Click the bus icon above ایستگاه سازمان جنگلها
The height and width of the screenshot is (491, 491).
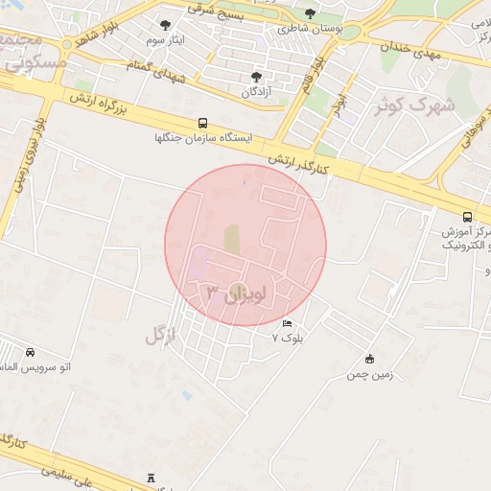coord(202,123)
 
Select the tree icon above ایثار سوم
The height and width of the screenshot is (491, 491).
coord(166,26)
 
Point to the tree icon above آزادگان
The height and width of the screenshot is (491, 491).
coord(255,77)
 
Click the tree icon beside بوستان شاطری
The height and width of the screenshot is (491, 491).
coord(309,13)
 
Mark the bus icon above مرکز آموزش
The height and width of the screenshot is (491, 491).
coord(467,217)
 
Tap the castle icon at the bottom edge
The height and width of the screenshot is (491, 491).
coord(151,478)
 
